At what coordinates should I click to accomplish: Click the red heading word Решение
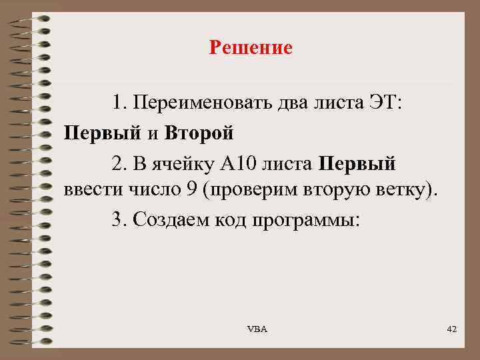click(250, 48)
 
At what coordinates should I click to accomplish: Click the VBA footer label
click(257, 329)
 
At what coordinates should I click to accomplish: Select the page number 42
click(451, 329)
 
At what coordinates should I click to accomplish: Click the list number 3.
click(119, 221)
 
